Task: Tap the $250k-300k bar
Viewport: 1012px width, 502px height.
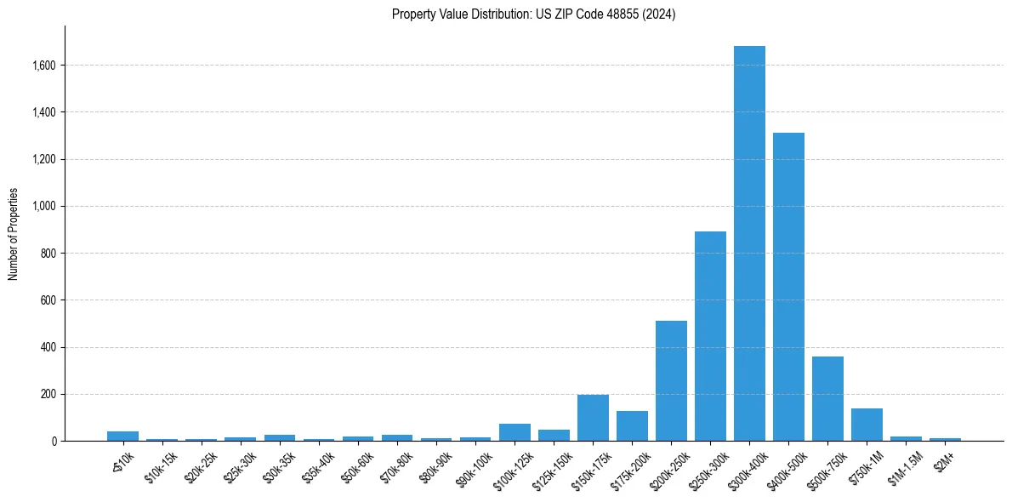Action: (710, 336)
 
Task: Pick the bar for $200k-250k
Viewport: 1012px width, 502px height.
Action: (671, 380)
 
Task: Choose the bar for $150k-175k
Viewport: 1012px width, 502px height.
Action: (593, 418)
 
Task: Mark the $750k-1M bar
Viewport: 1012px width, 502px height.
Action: (867, 425)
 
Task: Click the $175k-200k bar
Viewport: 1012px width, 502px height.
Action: (632, 426)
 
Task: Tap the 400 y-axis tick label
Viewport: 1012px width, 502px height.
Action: (49, 347)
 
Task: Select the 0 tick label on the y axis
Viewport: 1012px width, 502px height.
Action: (54, 442)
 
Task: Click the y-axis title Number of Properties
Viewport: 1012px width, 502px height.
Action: (14, 234)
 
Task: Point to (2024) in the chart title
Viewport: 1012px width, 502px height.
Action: (659, 14)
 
